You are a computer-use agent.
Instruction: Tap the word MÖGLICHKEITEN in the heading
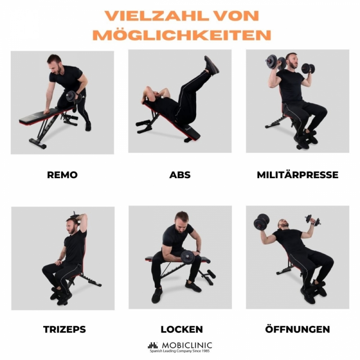point(182,35)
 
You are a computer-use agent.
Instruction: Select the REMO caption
point(62,175)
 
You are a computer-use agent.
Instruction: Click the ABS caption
point(180,175)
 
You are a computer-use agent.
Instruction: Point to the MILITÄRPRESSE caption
point(297,175)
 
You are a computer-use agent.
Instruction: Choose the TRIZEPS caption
point(64,329)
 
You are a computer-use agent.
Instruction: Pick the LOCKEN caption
point(182,329)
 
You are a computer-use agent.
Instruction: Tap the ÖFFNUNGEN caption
point(297,329)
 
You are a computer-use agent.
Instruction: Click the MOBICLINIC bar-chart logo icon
point(153,345)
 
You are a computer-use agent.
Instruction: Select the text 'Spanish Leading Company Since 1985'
point(180,351)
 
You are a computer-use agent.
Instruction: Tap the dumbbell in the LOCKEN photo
point(188,257)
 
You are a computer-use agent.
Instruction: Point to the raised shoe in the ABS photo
point(211,65)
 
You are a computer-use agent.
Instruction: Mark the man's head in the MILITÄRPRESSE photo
point(292,60)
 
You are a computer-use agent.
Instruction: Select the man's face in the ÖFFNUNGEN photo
point(284,224)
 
